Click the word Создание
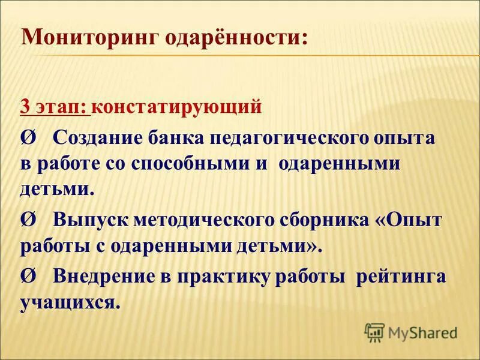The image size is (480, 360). [x=95, y=138]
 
